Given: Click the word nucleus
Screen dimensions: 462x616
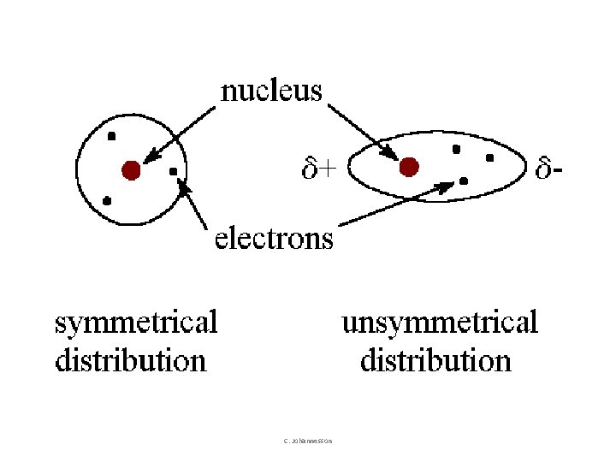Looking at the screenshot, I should [x=271, y=91].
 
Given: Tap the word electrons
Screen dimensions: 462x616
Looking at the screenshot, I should [x=274, y=238].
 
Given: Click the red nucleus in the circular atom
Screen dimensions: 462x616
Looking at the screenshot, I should [x=130, y=170].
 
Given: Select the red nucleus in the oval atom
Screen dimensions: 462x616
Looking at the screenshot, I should [x=409, y=166].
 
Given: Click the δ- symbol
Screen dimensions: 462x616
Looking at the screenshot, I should [x=549, y=169].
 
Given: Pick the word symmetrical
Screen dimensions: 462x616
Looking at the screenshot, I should [x=136, y=323].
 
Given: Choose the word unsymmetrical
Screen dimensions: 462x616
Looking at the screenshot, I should [x=440, y=323].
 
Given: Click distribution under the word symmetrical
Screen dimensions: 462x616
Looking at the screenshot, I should [x=131, y=360].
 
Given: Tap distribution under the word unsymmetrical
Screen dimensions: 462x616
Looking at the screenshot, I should [x=435, y=360].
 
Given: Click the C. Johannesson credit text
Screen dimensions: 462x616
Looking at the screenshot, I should [x=308, y=441].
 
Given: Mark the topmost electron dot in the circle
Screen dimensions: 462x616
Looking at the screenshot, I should [x=111, y=136].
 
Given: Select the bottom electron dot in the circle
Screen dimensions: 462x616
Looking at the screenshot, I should [x=107, y=200].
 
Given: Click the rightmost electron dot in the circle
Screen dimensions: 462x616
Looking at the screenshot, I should [x=174, y=172].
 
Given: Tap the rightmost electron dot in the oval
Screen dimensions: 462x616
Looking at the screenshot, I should [x=489, y=157].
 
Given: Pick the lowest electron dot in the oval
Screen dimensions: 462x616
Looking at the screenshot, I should [x=463, y=181].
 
